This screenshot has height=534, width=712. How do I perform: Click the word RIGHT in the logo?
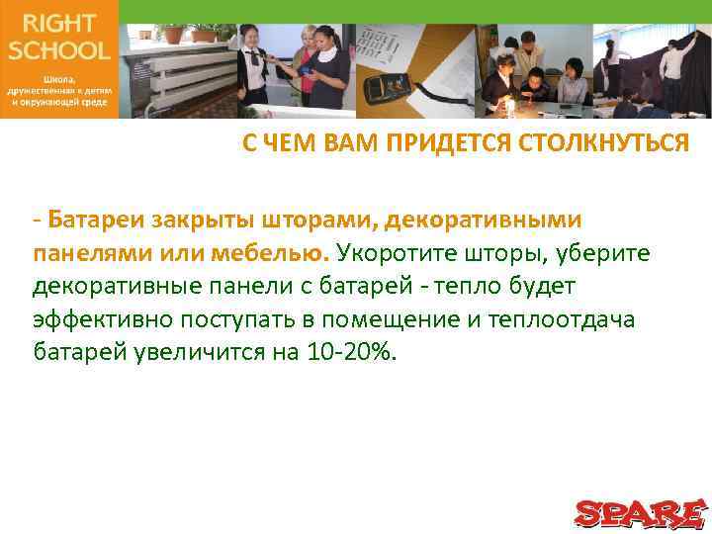[x=58, y=23]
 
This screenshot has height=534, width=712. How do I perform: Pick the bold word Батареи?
[x=90, y=218]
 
